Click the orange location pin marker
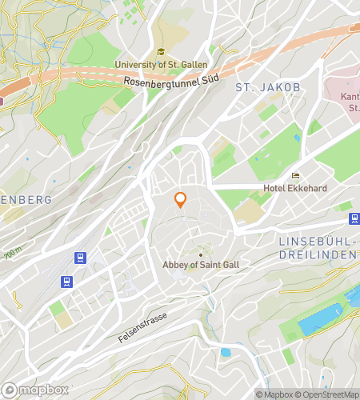181,199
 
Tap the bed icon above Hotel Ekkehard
295,176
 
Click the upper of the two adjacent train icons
80,258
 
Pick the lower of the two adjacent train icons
66,282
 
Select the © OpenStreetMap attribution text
327,394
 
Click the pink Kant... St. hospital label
349,102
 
